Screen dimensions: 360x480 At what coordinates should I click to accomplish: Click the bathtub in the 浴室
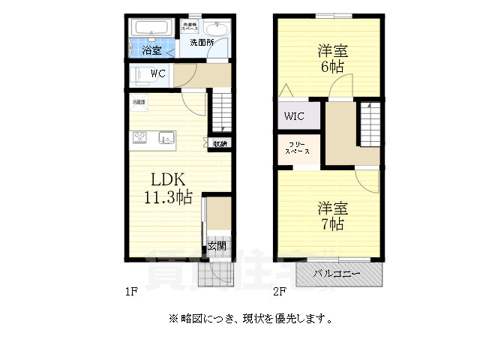[x=153, y=29]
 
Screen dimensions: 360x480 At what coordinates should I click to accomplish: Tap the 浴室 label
[x=152, y=51]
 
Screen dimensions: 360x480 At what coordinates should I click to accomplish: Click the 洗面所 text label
[x=201, y=43]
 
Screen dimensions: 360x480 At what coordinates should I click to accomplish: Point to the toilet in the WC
[x=139, y=74]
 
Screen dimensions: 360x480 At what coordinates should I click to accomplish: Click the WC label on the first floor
[x=158, y=73]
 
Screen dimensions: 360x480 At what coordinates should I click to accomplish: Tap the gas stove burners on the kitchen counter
[x=141, y=136]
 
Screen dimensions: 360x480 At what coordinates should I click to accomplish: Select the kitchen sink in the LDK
[x=166, y=137]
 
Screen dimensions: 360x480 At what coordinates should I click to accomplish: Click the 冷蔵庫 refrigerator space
[x=139, y=102]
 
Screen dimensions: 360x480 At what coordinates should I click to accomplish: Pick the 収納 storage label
[x=220, y=144]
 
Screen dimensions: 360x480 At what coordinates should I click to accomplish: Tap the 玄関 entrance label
[x=217, y=246]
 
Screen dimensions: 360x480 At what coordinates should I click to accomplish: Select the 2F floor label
[x=280, y=291]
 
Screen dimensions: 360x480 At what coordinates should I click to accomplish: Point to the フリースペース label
[x=297, y=147]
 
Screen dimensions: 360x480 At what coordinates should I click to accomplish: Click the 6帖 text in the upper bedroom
[x=331, y=67]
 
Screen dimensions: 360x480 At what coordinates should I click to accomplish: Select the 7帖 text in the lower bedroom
[x=330, y=223]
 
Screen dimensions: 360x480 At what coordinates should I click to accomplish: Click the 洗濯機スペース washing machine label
[x=190, y=27]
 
